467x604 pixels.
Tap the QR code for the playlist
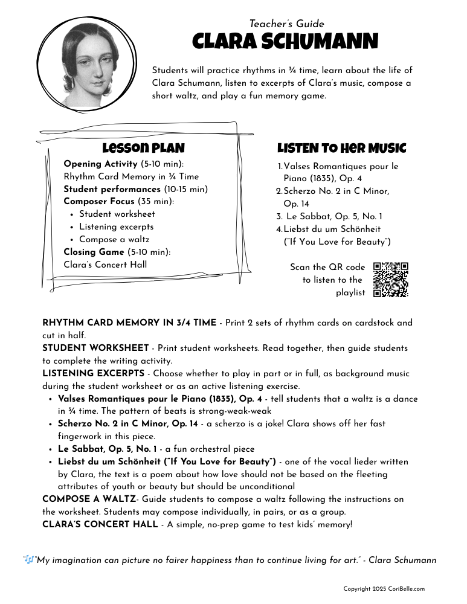pyautogui.click(x=391, y=279)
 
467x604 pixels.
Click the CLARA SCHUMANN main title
pyautogui.click(x=285, y=42)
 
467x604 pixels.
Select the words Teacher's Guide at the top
pyautogui.click(x=286, y=24)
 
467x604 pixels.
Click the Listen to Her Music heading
pyautogui.click(x=341, y=149)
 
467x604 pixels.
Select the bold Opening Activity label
pyautogui.click(x=101, y=164)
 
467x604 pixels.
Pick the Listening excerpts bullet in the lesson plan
pyautogui.click(x=116, y=227)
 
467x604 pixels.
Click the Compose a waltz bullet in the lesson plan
pyautogui.click(x=114, y=240)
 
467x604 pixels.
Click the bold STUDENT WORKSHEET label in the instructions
pyautogui.click(x=95, y=349)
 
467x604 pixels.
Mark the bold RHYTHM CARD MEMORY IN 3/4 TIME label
pyautogui.click(x=129, y=323)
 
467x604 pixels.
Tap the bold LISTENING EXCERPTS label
pyautogui.click(x=100, y=373)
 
